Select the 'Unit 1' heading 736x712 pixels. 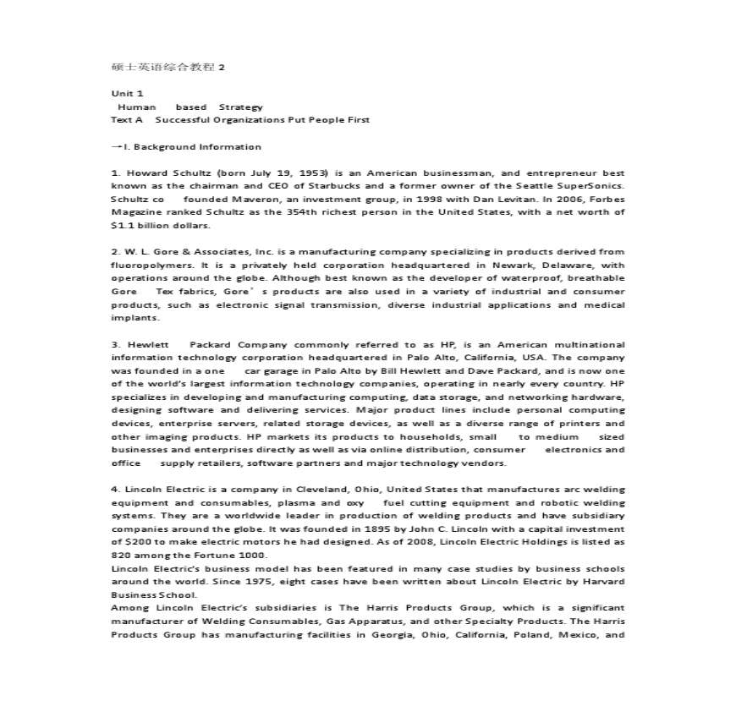point(128,94)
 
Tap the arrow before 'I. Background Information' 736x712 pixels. point(117,146)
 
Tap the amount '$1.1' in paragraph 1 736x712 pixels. point(124,226)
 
